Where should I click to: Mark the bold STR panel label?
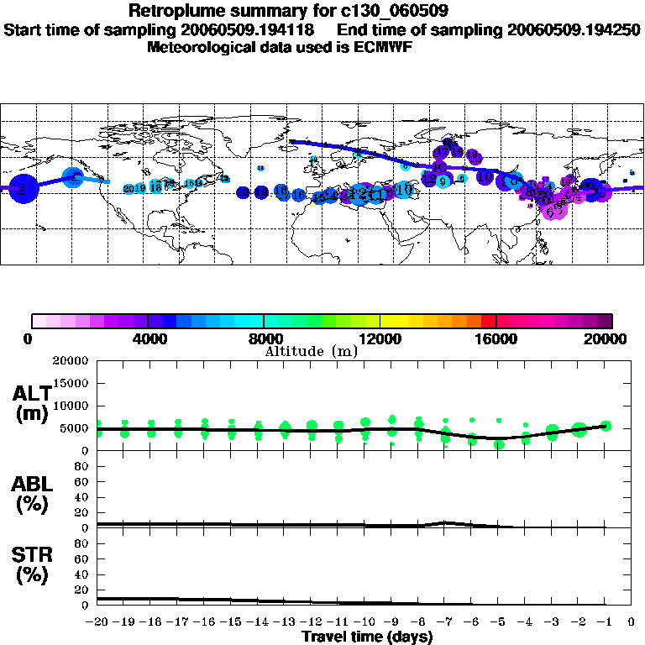(32, 564)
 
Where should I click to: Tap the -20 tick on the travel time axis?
(97, 623)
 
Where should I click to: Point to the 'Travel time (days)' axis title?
(367, 637)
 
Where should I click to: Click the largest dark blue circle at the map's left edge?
(22, 189)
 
